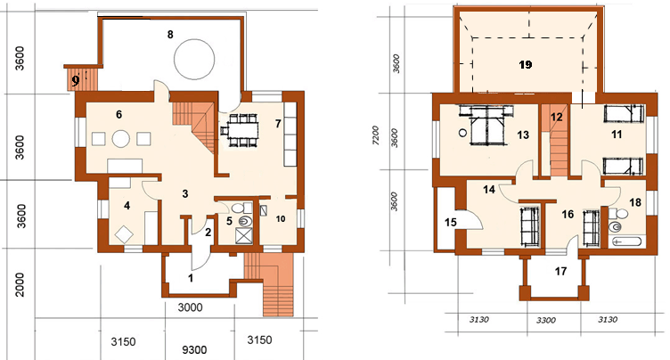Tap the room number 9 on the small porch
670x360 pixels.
point(76,80)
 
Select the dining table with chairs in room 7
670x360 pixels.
point(240,130)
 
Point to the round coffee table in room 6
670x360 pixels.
point(121,138)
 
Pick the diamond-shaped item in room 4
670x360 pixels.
point(124,234)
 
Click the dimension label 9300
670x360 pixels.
point(194,349)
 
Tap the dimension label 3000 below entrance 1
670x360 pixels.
point(190,307)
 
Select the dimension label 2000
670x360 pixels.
point(20,285)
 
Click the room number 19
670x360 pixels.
point(526,64)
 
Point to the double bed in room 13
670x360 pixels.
point(487,127)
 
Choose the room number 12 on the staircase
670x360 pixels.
point(556,117)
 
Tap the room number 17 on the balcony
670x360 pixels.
point(560,271)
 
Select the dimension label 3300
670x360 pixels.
point(545,320)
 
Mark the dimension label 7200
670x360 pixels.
point(375,136)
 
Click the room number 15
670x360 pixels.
point(450,223)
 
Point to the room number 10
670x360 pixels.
point(281,219)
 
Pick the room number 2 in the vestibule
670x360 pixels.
point(208,233)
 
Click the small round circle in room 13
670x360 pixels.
point(462,133)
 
